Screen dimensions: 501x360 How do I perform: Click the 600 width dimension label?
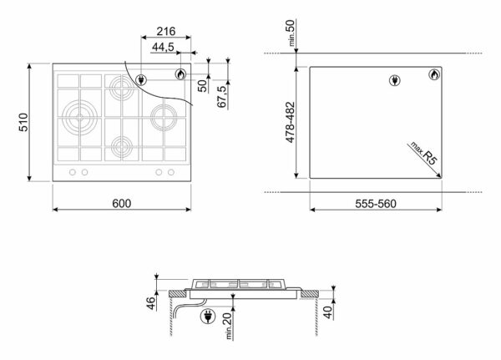click(x=121, y=203)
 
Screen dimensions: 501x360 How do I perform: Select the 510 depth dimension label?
click(x=23, y=122)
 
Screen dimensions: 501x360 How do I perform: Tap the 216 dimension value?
click(x=166, y=32)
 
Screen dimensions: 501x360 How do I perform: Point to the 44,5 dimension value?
click(x=163, y=47)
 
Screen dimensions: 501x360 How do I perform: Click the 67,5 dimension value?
click(x=222, y=96)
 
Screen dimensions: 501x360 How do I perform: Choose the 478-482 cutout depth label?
click(x=290, y=123)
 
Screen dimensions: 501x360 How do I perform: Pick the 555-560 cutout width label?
click(x=376, y=204)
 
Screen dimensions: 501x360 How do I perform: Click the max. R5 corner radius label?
click(x=423, y=154)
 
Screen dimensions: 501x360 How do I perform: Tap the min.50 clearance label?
click(x=291, y=33)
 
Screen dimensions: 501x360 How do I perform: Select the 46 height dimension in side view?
click(x=151, y=303)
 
